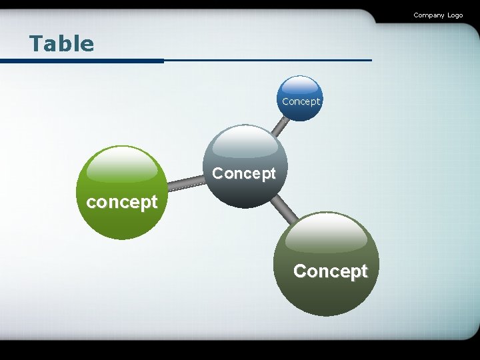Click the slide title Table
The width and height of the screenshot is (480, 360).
tap(61, 44)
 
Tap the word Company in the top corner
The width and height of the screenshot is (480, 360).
tap(428, 15)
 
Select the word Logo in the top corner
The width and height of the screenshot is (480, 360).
tap(455, 15)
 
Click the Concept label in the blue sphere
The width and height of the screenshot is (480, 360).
tap(301, 101)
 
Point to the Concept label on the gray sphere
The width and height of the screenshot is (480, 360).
tap(243, 174)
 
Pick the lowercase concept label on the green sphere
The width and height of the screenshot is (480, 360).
tap(122, 202)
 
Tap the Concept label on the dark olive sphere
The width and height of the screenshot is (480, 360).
tap(330, 271)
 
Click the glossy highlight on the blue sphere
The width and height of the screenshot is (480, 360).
tap(299, 85)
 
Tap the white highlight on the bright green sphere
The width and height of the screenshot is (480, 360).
tap(122, 164)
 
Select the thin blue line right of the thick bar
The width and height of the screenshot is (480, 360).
tap(267, 60)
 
